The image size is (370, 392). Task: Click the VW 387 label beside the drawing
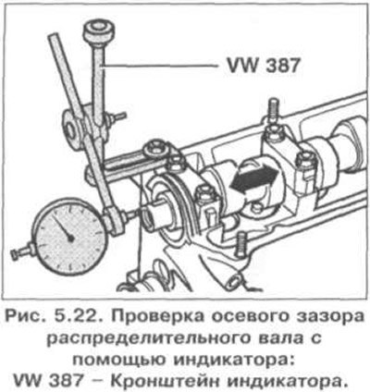tap(263, 66)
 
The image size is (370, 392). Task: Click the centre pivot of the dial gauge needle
tap(70, 238)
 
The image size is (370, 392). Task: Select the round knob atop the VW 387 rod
tap(99, 31)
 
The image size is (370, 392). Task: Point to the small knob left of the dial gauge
tap(20, 251)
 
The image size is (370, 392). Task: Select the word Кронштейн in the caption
tap(165, 382)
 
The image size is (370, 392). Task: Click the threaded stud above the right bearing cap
tap(273, 111)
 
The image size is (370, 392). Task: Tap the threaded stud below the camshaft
tap(241, 244)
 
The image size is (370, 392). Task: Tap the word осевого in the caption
tap(242, 317)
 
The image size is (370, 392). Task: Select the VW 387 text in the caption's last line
tap(49, 382)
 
